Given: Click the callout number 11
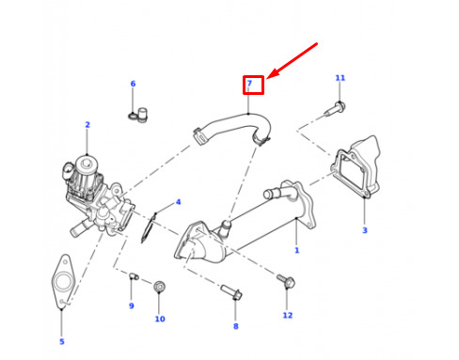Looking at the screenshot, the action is pos(340,78).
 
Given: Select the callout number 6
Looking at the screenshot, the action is pos(133,84).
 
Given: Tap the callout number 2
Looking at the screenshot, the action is pos(87,125).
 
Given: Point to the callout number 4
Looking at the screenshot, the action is pos(178,202).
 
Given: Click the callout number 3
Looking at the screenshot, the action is pos(365,230).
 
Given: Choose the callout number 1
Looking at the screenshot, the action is pos(296,250).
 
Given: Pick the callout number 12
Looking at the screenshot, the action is pos(288,315).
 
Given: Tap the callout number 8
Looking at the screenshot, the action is pos(236,326).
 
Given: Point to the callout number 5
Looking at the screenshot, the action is pos(62,341).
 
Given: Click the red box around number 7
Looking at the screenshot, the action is pos(253,85).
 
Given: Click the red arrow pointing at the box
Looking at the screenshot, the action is pos(293,60).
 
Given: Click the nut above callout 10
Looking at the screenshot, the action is pos(160,287).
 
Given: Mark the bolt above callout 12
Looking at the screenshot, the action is pos(286,281).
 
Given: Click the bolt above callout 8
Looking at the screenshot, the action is pos(231,292).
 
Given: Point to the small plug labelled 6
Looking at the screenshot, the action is pos(139,115).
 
